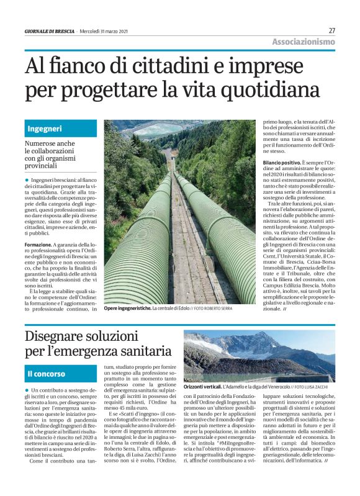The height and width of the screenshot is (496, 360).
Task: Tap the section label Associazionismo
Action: point(304,42)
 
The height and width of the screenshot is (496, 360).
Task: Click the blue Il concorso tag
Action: point(46,374)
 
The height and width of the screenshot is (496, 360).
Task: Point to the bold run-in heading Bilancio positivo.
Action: point(281,161)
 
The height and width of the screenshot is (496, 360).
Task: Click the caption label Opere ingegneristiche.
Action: point(127,308)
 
